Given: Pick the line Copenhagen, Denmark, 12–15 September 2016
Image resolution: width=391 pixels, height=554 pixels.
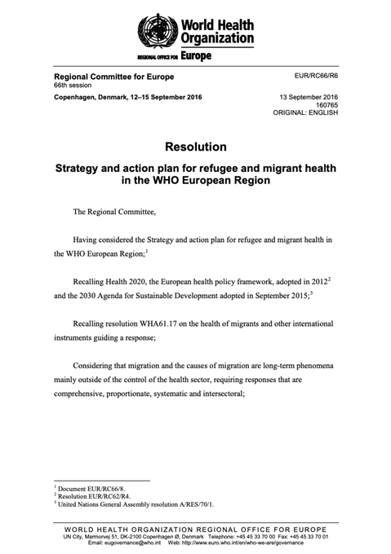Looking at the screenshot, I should tap(127, 97).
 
